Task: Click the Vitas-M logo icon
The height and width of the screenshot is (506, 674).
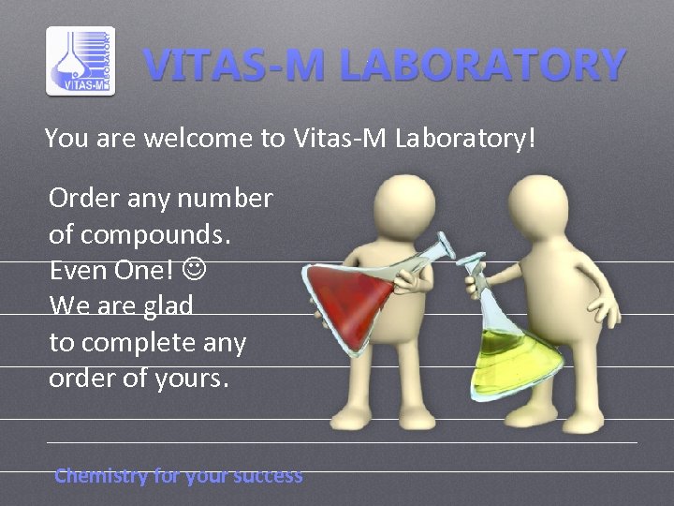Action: (81, 62)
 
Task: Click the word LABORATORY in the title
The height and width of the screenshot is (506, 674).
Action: (482, 66)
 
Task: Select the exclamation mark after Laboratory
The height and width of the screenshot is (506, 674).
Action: (533, 139)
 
